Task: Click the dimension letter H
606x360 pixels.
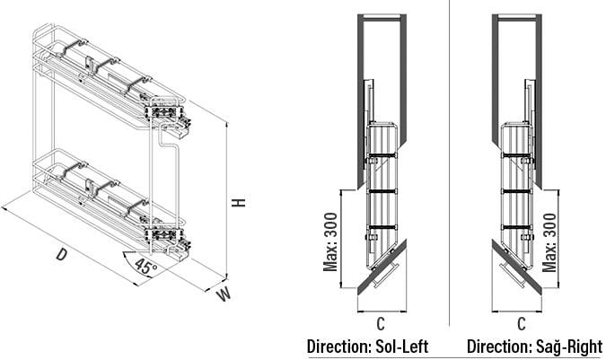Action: pyautogui.click(x=239, y=202)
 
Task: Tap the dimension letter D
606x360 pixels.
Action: pyautogui.click(x=61, y=255)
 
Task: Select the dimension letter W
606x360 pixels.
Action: pyautogui.click(x=224, y=294)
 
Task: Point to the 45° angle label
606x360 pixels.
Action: pyautogui.click(x=145, y=266)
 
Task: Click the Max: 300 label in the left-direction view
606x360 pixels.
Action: pyautogui.click(x=330, y=242)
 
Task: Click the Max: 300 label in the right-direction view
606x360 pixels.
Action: pyautogui.click(x=549, y=242)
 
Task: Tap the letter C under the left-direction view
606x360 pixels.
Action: pyautogui.click(x=381, y=324)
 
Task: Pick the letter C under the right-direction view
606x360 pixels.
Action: pyautogui.click(x=522, y=324)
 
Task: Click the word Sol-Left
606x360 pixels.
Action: pyautogui.click(x=402, y=347)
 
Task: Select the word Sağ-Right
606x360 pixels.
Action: pyautogui.click(x=569, y=347)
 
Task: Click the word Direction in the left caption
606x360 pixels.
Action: pyautogui.click(x=339, y=347)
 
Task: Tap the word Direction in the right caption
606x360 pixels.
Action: pyautogui.click(x=499, y=347)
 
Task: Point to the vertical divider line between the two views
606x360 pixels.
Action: pyautogui.click(x=450, y=162)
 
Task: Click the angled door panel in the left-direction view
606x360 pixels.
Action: pyautogui.click(x=382, y=268)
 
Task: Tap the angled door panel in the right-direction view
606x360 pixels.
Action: pyautogui.click(x=516, y=268)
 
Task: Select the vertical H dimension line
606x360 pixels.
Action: pyautogui.click(x=227, y=201)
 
